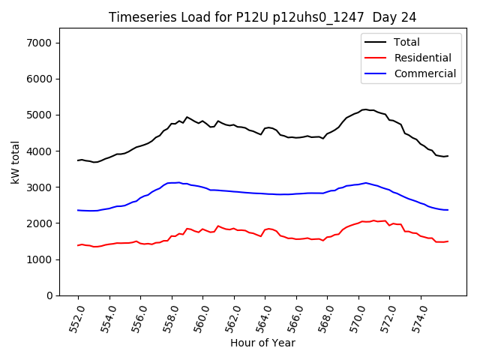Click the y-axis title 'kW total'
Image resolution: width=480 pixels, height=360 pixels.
click(x=15, y=162)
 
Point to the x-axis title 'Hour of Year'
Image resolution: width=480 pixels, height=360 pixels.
click(x=262, y=343)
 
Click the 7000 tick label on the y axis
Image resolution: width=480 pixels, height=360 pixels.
click(x=38, y=43)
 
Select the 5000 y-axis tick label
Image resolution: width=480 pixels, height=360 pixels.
click(x=38, y=115)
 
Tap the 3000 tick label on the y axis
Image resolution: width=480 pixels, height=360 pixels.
click(x=38, y=187)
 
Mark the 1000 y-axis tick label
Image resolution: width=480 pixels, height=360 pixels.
click(x=38, y=259)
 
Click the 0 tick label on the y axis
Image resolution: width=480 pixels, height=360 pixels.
click(x=49, y=295)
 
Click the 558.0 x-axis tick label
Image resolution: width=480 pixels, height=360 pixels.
click(x=171, y=318)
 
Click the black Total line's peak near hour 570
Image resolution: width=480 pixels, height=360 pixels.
click(x=365, y=109)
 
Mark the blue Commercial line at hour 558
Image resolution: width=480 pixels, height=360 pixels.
click(x=172, y=182)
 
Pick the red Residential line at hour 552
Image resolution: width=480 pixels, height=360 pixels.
click(x=78, y=245)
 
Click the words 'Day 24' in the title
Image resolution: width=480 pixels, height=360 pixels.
click(x=395, y=16)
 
